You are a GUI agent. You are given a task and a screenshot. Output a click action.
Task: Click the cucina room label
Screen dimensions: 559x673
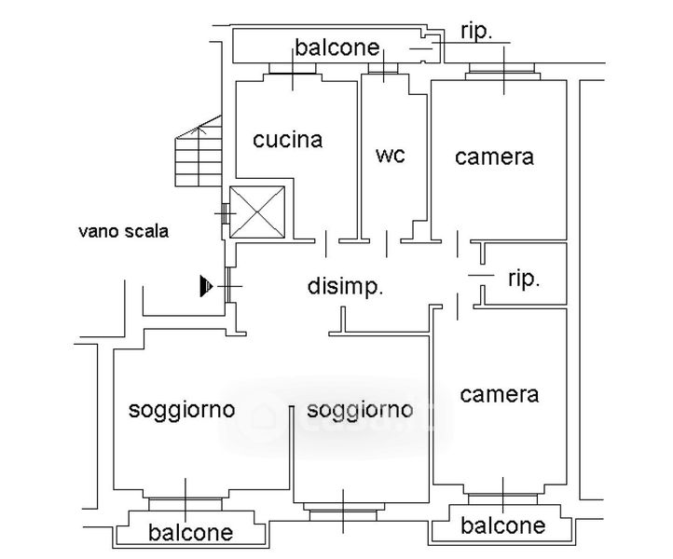[288, 140]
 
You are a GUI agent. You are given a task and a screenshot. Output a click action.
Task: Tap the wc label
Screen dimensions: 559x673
[391, 155]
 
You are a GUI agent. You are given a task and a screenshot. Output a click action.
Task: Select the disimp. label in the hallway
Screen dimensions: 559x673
[346, 286]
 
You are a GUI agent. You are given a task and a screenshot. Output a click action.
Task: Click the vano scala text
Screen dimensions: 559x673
[123, 231]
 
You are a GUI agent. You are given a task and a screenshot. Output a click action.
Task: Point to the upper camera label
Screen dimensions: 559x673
[494, 157]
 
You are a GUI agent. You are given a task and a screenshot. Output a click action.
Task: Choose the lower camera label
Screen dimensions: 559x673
[500, 394]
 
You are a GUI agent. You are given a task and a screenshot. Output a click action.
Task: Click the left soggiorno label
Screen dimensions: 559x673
[182, 409]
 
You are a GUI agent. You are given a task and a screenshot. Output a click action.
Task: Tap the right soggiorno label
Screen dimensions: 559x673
[359, 409]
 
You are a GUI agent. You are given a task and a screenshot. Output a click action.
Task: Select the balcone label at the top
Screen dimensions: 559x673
[337, 48]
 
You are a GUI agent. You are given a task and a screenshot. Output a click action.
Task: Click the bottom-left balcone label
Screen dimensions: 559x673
[190, 533]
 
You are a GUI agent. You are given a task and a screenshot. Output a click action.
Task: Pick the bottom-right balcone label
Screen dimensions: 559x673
[503, 525]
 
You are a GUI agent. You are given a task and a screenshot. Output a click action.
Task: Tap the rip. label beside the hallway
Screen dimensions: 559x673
[524, 279]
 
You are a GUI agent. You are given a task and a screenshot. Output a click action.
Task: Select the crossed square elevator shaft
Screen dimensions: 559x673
[258, 211]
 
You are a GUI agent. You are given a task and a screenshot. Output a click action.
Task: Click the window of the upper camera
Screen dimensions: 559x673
[502, 71]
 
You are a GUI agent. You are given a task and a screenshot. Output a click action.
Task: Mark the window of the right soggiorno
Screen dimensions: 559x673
[343, 511]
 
